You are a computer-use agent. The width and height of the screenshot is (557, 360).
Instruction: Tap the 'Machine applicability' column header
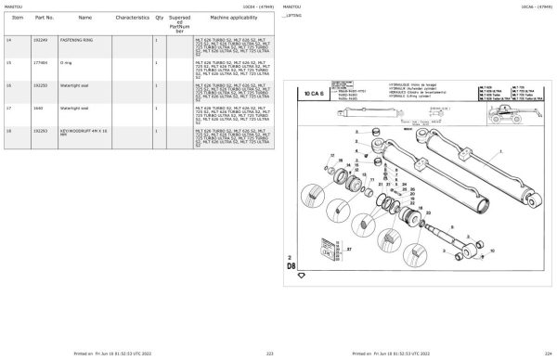[224, 18]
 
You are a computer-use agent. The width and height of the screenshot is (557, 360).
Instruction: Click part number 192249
[40, 41]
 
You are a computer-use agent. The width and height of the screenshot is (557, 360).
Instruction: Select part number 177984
[40, 63]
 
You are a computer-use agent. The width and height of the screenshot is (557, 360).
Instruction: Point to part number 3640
[37, 109]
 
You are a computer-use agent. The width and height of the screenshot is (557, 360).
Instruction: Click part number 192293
[40, 132]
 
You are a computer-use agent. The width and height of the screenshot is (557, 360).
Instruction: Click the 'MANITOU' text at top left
[14, 5]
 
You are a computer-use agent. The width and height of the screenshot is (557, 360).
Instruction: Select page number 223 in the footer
[270, 354]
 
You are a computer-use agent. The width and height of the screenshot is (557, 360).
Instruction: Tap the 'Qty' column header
[159, 18]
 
